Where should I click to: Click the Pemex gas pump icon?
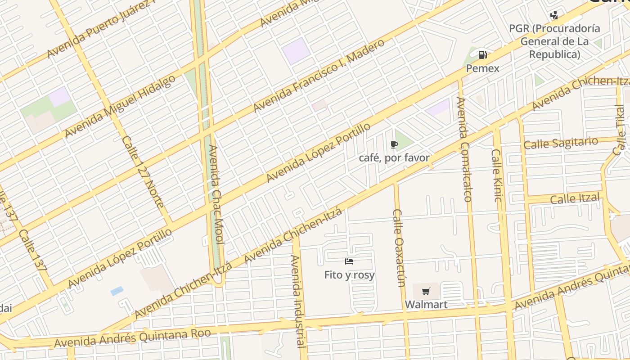(x=482, y=55)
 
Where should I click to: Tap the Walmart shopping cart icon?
(x=426, y=291)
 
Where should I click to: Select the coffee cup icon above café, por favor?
(x=394, y=144)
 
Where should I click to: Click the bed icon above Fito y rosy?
(x=349, y=261)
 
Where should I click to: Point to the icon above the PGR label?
(x=554, y=15)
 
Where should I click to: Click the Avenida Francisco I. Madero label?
(x=319, y=76)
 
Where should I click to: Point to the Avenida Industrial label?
(x=298, y=301)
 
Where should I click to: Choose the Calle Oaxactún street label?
(x=399, y=247)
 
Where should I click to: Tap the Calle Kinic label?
(x=497, y=175)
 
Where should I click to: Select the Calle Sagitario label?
(x=561, y=143)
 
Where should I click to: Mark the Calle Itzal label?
(x=575, y=198)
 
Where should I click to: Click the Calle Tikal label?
(x=620, y=130)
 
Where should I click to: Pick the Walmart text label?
(x=426, y=305)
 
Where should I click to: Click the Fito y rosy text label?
(x=349, y=274)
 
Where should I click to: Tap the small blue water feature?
(x=117, y=291)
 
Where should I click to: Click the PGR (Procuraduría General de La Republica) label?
(x=554, y=41)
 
